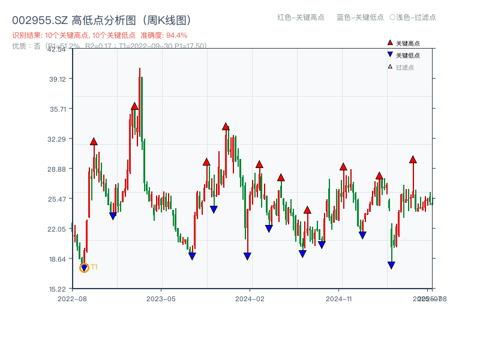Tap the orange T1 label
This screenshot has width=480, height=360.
coord(94,267)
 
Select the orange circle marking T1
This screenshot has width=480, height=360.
coord(84,268)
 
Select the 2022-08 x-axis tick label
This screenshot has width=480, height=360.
coord(72,298)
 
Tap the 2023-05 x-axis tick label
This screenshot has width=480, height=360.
coord(161,298)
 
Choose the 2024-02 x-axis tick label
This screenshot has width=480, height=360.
coord(250,298)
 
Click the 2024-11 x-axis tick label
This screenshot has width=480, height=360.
coord(338,298)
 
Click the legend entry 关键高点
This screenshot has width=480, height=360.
coord(407,44)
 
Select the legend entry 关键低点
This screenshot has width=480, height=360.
coord(407,55)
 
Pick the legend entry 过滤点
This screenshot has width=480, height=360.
coord(404,67)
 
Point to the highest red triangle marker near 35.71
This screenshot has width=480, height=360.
coord(134,106)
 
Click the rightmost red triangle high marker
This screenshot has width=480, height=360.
coord(413,160)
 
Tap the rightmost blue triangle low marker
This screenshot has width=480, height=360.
coord(391,265)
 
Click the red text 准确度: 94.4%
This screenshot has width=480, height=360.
coord(164,35)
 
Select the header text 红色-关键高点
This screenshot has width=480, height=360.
coord(300,17)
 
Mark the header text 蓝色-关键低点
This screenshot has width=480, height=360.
coord(360,17)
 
